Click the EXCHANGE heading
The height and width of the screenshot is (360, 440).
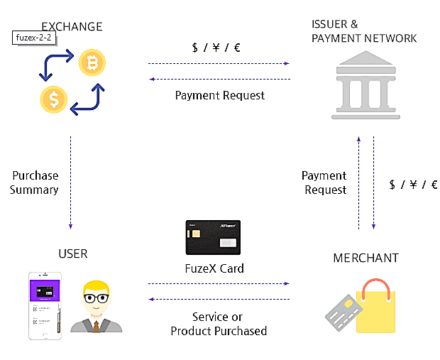(x=72, y=27)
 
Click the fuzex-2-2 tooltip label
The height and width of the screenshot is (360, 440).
(x=33, y=37)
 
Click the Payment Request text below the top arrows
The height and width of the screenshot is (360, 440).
(x=219, y=95)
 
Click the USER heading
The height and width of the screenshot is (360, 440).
(x=74, y=253)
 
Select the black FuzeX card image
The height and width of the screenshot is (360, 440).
(x=213, y=237)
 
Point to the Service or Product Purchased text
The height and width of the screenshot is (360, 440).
(x=219, y=324)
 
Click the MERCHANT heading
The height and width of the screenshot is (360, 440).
(x=365, y=258)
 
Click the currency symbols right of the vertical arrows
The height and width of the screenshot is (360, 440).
(x=413, y=185)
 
